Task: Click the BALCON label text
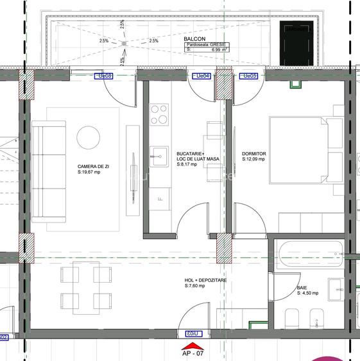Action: pos(194,38)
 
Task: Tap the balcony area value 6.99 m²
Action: pos(216,49)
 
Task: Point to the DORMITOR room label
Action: pos(254,154)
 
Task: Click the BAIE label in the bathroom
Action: pos(302,289)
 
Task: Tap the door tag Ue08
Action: pos(105,76)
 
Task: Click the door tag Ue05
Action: pos(249,76)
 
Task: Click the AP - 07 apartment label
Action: pos(193,354)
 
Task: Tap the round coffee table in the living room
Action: pos(89,137)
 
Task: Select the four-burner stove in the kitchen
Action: pos(159,114)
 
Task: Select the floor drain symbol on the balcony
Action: pos(124,43)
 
